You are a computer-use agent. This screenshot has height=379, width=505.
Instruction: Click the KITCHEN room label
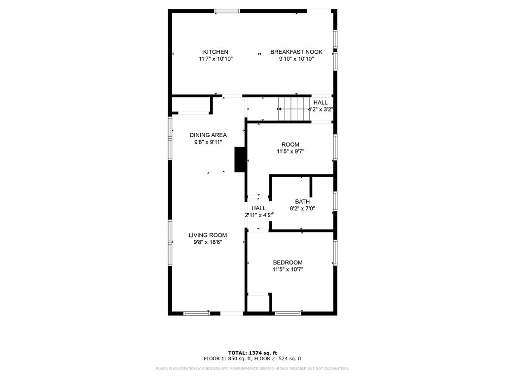[216, 52]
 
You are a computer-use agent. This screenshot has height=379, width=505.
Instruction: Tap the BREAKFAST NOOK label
[296, 52]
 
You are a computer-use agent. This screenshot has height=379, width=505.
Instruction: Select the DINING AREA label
[208, 135]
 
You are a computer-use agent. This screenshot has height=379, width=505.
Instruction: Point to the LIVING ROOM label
[208, 235]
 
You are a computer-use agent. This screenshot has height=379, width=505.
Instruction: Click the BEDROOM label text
[288, 263]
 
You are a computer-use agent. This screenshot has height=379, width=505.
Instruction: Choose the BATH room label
[302, 202]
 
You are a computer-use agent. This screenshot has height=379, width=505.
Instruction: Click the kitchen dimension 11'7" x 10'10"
[216, 59]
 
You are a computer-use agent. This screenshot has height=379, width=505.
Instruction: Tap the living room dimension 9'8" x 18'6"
[208, 242]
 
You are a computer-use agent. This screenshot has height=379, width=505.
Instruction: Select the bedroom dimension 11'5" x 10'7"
[288, 270]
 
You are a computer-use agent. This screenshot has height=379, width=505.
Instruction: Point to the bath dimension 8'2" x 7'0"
[302, 209]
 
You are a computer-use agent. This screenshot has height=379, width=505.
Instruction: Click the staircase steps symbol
[294, 109]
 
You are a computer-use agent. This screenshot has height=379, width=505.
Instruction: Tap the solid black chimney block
[240, 159]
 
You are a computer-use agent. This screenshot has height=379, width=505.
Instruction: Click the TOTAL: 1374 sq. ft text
[252, 353]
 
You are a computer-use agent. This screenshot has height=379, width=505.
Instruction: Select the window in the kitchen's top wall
[227, 11]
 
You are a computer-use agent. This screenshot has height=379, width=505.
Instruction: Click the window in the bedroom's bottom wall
[288, 313]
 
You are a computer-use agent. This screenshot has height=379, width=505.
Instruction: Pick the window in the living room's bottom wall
[196, 313]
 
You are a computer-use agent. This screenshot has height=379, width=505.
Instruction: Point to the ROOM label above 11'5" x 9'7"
[290, 145]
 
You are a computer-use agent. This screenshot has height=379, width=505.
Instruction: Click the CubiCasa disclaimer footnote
[252, 368]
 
